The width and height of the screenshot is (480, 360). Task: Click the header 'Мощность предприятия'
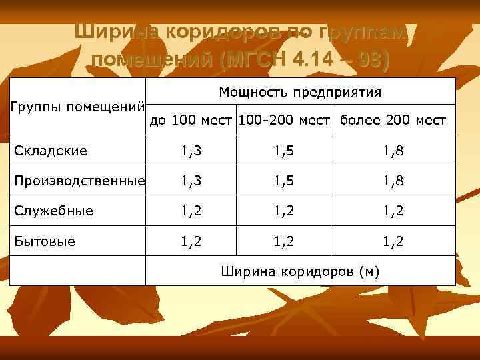(x=300, y=92)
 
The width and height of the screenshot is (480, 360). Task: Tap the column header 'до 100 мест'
(x=191, y=121)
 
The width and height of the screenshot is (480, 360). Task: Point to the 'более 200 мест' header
(x=393, y=121)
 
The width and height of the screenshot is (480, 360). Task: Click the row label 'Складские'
(x=51, y=151)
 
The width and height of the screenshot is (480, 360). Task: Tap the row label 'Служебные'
(x=54, y=211)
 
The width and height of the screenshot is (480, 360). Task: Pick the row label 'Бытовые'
(x=45, y=241)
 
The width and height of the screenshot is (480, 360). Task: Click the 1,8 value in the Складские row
(x=393, y=151)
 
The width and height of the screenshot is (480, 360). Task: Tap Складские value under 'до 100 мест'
(x=191, y=151)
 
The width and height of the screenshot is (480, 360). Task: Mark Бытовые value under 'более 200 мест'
(x=393, y=241)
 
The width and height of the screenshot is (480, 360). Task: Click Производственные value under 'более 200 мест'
(x=393, y=181)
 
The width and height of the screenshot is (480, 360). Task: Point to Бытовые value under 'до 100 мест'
(x=191, y=241)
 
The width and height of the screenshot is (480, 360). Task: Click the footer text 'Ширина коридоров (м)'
(x=300, y=271)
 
